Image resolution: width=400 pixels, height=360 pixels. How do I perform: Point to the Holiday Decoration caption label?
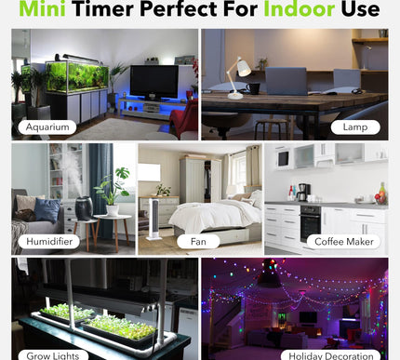click(331, 353)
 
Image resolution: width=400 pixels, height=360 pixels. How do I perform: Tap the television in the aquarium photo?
click(153, 82)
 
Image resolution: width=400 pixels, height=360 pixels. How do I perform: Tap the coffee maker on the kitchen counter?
click(302, 192)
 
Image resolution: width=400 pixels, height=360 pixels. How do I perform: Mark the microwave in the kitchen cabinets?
click(283, 158)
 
